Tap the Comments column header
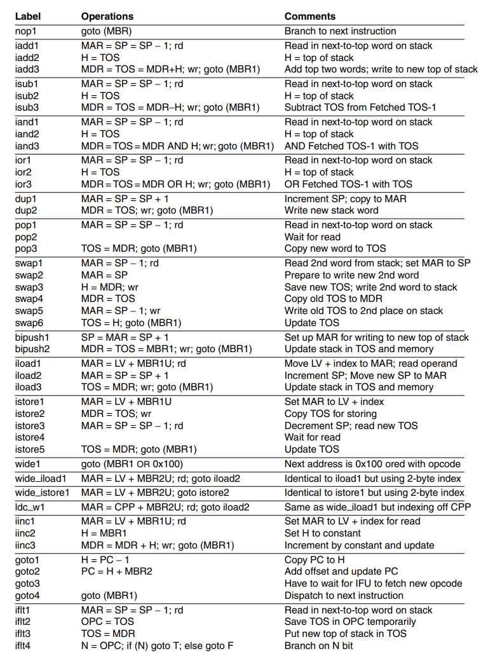click(x=310, y=17)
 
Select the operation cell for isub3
click(x=170, y=107)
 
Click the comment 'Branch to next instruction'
click(x=340, y=31)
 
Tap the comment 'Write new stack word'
click(x=331, y=210)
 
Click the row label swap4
click(x=29, y=299)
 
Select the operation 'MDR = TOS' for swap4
click(x=108, y=299)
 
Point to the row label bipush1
click(x=32, y=338)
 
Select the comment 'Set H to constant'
click(x=323, y=533)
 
